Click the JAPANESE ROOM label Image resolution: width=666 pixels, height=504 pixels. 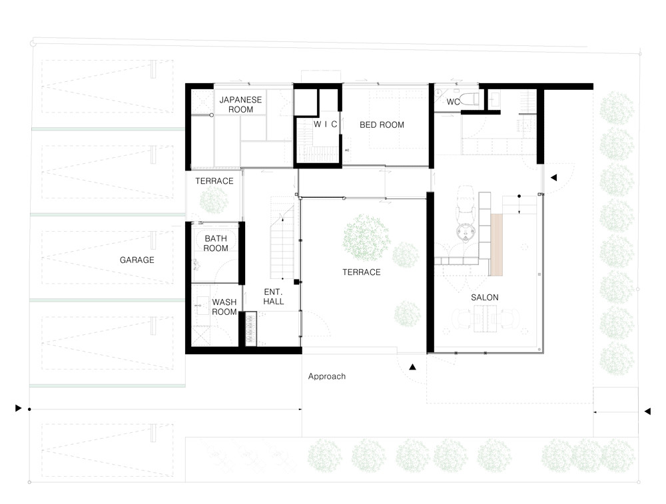point(240,105)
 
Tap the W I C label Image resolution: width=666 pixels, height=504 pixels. point(326,124)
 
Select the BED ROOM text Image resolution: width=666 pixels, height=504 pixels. point(382,125)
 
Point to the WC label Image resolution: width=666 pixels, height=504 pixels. point(453,102)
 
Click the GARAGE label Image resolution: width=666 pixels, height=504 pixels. point(137,260)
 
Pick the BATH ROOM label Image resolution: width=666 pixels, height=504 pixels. point(216,243)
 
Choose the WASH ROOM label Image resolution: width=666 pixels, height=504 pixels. point(224,307)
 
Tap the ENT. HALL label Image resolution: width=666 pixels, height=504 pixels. point(273,297)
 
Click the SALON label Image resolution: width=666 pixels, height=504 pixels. point(485,298)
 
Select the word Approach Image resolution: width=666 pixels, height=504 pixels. point(326,376)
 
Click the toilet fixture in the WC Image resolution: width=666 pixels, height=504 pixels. point(470,99)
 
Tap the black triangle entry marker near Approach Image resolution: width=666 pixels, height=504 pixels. point(412,367)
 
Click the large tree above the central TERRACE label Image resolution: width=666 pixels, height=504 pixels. point(366,237)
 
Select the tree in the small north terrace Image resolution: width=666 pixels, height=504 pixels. point(214,200)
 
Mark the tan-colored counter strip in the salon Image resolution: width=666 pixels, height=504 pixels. point(497,245)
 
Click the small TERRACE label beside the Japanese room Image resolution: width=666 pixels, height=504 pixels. point(214,181)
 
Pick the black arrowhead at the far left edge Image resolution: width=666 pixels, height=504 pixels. point(18,408)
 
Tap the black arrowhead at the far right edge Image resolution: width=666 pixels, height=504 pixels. point(647,411)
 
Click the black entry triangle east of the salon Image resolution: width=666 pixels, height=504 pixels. point(553,178)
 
